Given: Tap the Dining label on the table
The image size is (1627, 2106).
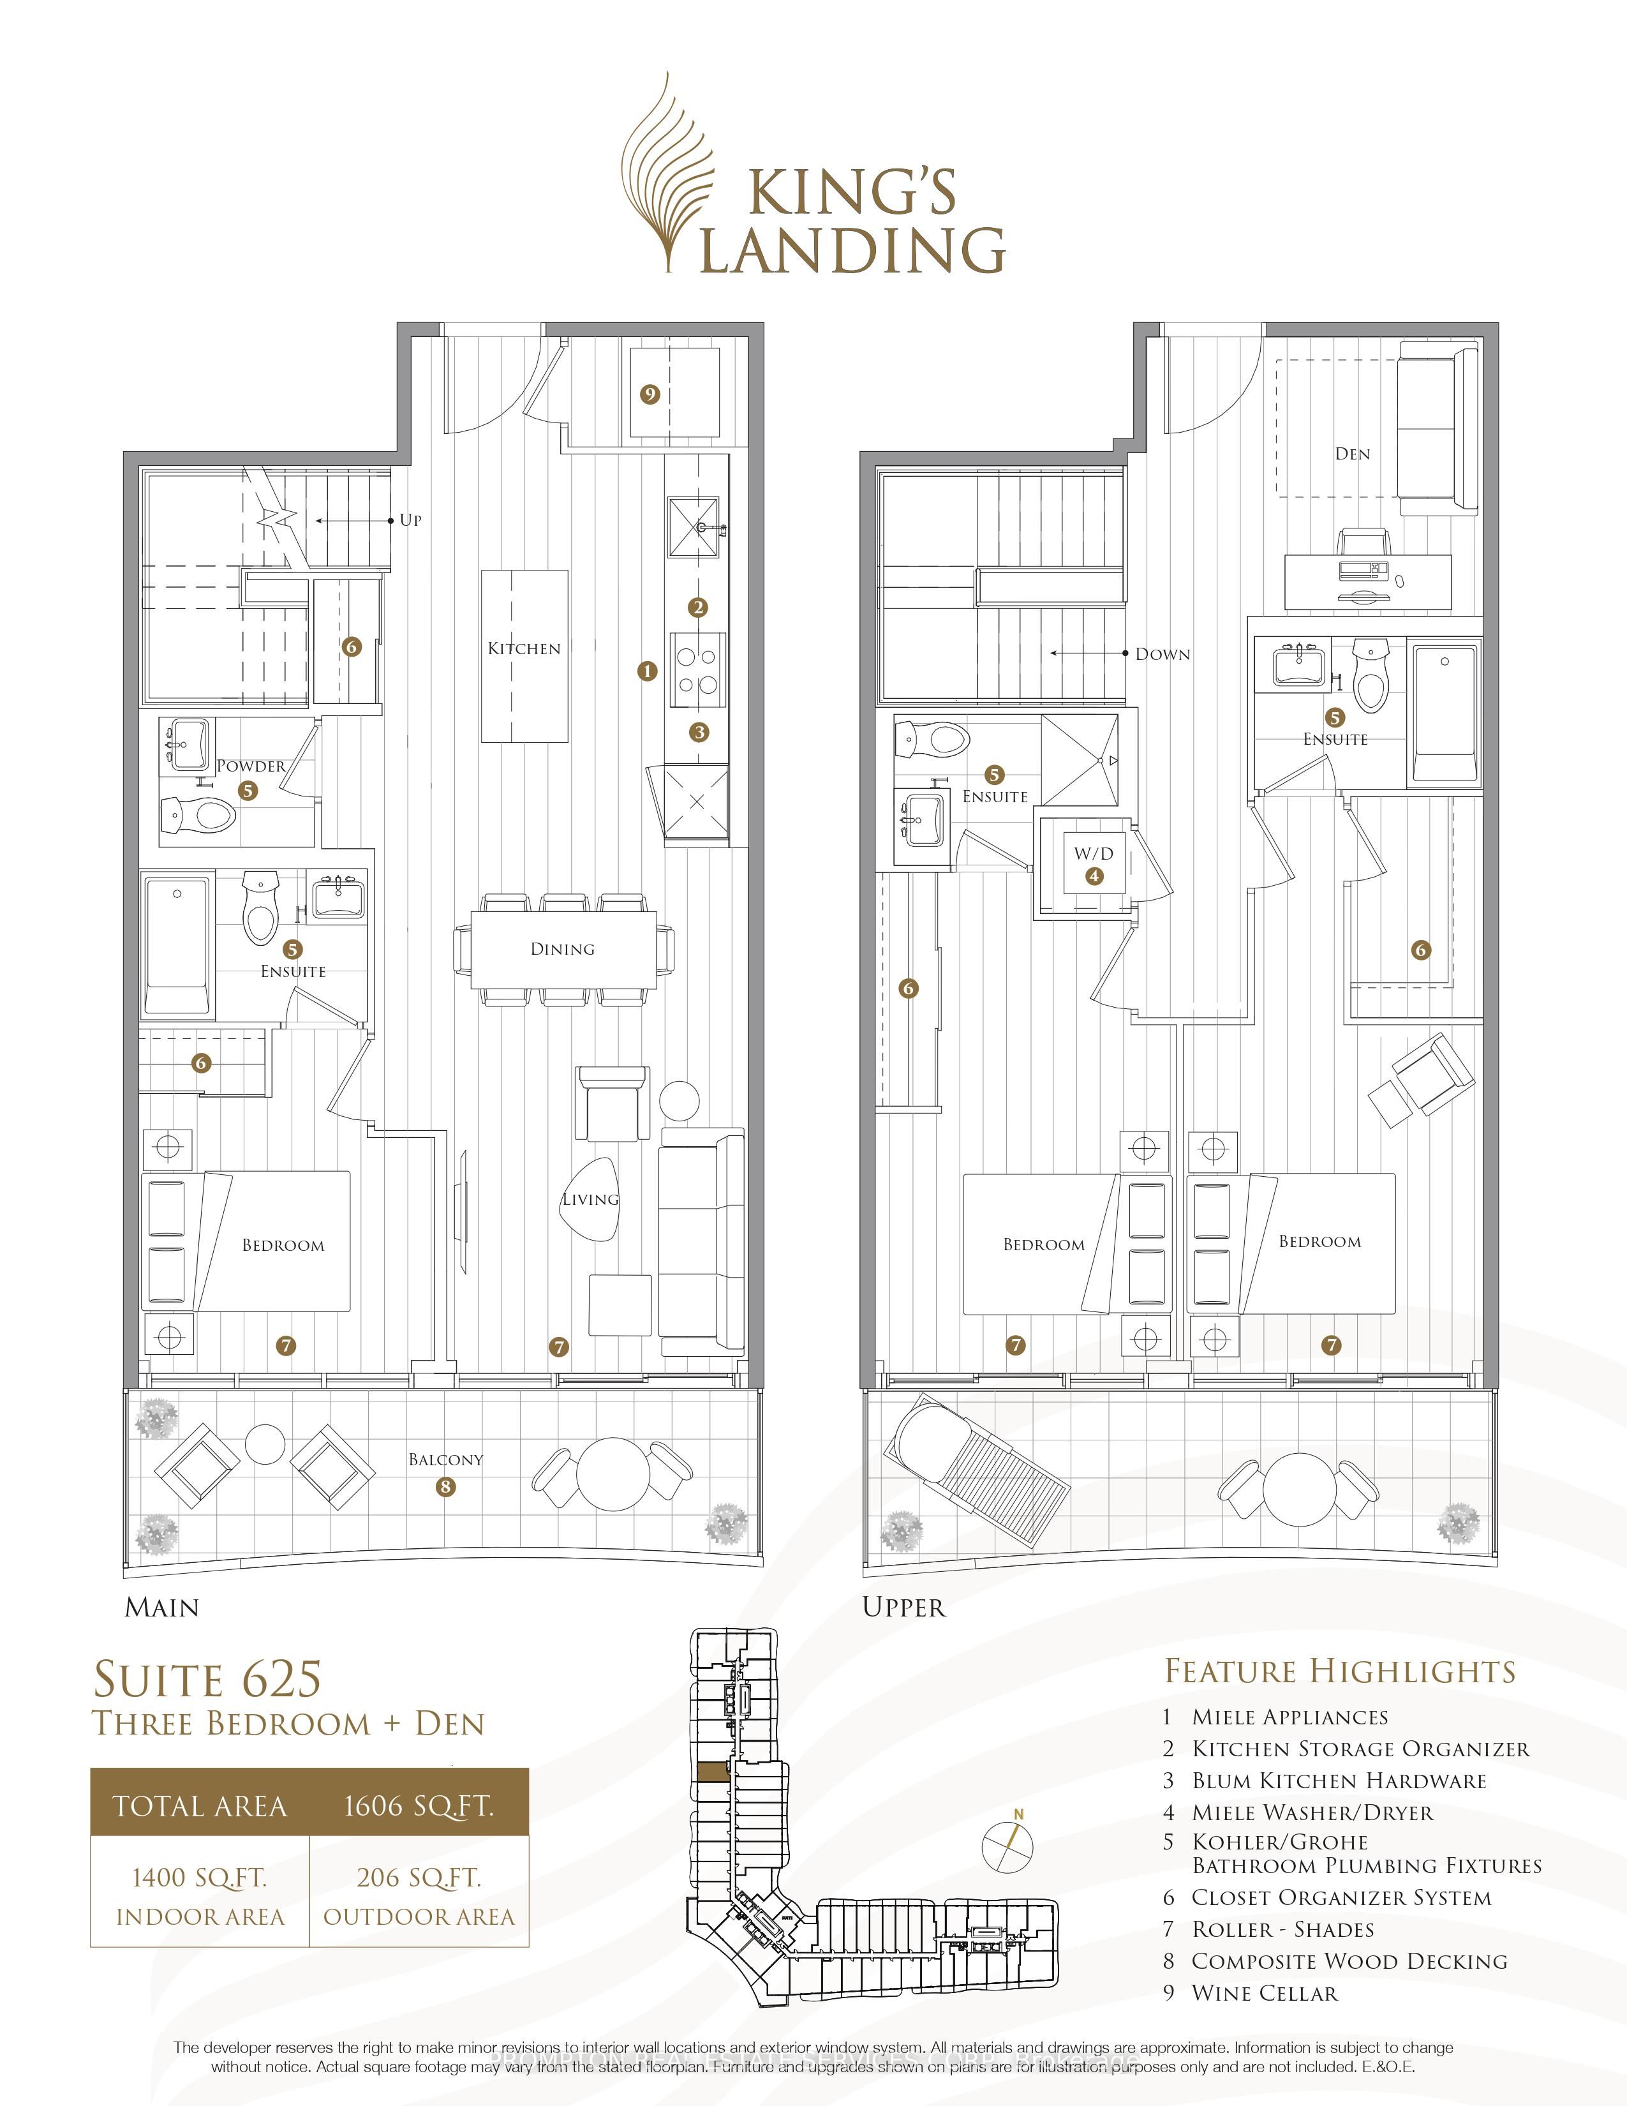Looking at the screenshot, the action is click(563, 949).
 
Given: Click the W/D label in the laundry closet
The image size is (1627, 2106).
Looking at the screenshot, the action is click(1094, 853).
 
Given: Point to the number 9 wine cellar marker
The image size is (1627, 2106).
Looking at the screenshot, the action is click(651, 394).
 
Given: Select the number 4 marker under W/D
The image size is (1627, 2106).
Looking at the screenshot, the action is click(1094, 876).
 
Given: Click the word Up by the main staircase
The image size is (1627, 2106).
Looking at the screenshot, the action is click(411, 519).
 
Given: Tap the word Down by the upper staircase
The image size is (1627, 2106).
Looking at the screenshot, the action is click(1163, 653).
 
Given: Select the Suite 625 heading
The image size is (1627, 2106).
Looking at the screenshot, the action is click(207, 1679).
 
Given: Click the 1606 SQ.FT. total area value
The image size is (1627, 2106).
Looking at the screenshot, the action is click(419, 1805).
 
